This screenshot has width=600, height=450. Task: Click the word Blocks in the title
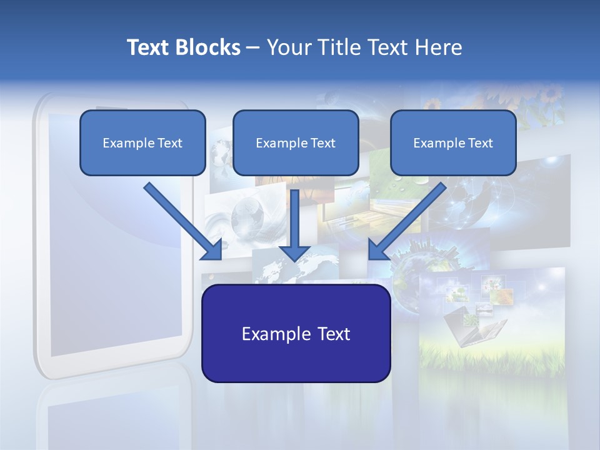pyautogui.click(x=209, y=47)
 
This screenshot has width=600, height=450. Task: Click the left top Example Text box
pyautogui.click(x=142, y=142)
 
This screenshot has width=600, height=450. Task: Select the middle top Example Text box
pyautogui.click(x=296, y=142)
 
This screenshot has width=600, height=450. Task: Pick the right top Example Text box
pyautogui.click(x=453, y=142)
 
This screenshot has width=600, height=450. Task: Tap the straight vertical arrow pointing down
pyautogui.click(x=294, y=222)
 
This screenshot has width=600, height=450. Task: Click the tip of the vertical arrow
pyautogui.click(x=294, y=259)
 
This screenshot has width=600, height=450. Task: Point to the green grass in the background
pyautogui.click(x=487, y=356)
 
